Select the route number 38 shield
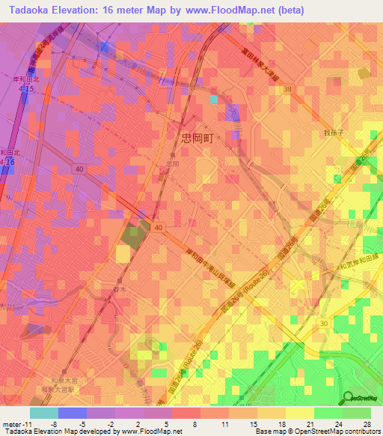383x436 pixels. tap(287, 88)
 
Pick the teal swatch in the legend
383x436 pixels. tap(43, 413)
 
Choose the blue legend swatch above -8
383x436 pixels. tap(72, 413)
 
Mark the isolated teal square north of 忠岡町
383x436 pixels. tap(215, 99)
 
